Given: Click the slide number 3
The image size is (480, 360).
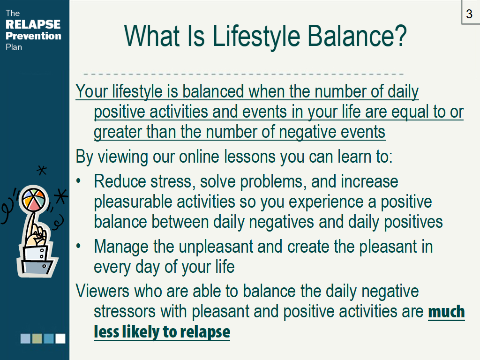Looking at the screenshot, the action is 469,14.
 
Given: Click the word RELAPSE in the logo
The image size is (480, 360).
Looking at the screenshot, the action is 33,24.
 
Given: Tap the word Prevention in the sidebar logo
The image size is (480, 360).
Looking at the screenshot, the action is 33,36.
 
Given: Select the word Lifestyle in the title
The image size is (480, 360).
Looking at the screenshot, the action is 256,36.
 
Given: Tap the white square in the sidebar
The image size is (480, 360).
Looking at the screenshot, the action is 60,338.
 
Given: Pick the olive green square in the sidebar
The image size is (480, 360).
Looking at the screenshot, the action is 37,338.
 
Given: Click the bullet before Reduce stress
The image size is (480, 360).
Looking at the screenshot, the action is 78,181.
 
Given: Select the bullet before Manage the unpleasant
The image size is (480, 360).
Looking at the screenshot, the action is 78,246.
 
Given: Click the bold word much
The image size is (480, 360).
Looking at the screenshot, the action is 446,312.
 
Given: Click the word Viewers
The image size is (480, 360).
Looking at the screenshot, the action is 102,291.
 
